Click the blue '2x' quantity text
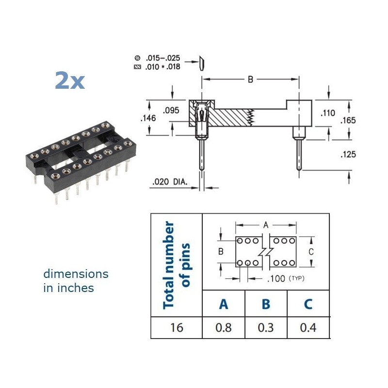(70, 81)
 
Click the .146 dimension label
(147, 118)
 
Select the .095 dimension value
(171, 111)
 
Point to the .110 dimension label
(328, 113)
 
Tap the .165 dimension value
(348, 120)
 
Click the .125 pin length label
(348, 154)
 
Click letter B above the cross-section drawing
(250, 80)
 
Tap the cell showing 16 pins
(177, 327)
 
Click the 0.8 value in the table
(223, 327)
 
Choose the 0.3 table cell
(265, 327)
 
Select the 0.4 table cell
(308, 327)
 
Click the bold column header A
(223, 304)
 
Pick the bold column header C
(308, 304)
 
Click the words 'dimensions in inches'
(76, 281)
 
